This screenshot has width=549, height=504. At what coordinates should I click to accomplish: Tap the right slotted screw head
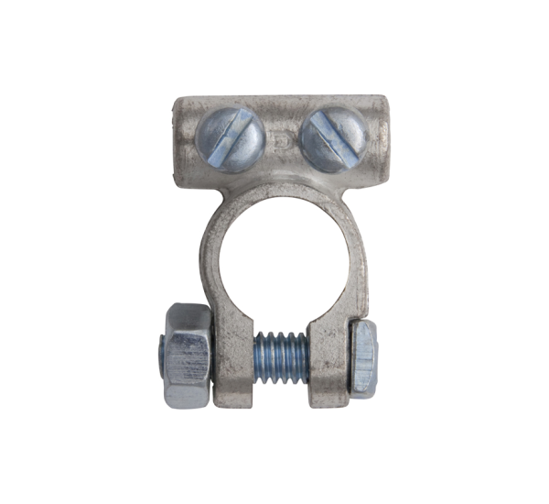[333, 137]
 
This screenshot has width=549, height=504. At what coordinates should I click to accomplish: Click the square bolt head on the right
[363, 358]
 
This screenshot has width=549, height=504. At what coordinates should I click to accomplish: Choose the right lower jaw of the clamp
[328, 362]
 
